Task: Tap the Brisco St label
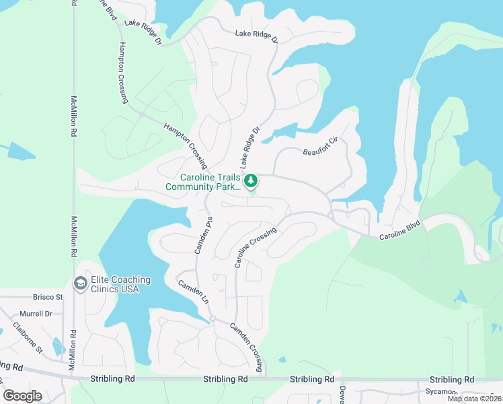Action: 48,296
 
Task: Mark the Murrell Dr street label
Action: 36,314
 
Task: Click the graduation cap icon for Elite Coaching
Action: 80,284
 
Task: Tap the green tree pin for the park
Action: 250,180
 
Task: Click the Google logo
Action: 23,396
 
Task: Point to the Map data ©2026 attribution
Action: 474,399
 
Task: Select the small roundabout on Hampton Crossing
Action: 142,115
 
